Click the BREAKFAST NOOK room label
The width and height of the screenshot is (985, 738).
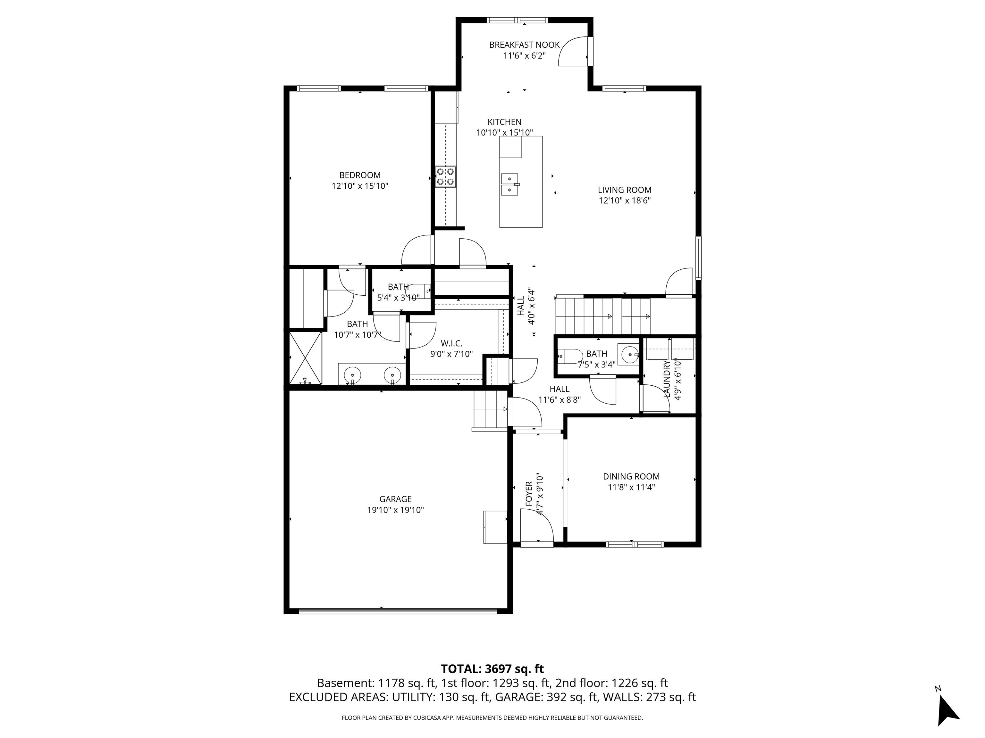coord(524,45)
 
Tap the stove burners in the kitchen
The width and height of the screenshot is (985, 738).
coord(445,176)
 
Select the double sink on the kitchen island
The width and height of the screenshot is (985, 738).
coord(509,184)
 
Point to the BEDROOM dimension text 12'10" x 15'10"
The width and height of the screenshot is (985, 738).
coord(360,186)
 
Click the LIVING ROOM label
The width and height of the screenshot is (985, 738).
coord(624,190)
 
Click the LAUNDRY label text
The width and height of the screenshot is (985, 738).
coord(667,379)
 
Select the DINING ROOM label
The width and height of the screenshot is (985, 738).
coord(631,476)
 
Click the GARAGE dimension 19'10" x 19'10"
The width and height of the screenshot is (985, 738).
coord(395,510)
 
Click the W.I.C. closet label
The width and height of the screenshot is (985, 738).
coord(451,343)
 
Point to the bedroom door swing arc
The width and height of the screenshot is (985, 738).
coord(417,250)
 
